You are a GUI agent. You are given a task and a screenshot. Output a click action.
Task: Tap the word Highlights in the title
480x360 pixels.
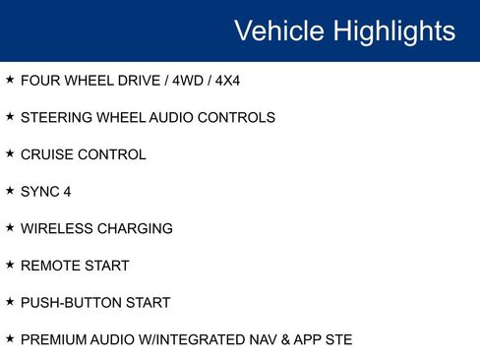[x=394, y=30]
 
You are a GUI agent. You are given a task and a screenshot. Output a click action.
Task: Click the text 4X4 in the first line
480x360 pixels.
[x=225, y=81]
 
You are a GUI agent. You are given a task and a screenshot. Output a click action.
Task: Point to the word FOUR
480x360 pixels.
[x=39, y=81]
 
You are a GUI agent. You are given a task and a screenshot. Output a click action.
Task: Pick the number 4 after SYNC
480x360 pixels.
[x=68, y=192]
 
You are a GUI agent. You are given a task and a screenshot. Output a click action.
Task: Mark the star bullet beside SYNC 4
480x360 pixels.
[x=10, y=191]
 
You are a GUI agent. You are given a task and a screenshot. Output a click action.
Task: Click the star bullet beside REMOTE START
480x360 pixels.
[x=10, y=265]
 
